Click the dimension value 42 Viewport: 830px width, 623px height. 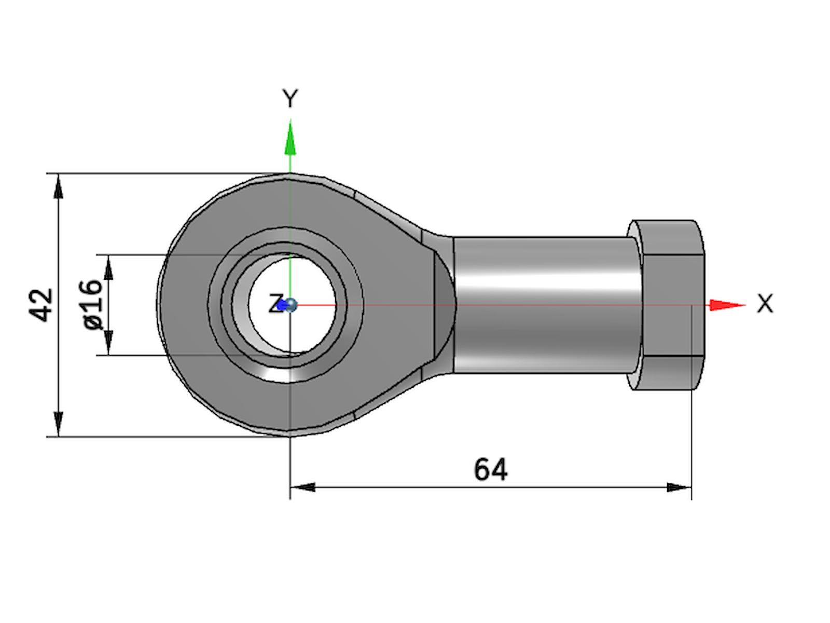coord(41,305)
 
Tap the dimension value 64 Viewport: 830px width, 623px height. coord(490,469)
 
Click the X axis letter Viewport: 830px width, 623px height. coord(765,304)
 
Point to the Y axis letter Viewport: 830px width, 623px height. coord(290,98)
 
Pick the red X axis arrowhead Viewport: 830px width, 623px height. coord(726,305)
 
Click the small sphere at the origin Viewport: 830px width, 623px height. coord(291,305)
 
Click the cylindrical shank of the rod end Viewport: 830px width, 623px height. coord(545,305)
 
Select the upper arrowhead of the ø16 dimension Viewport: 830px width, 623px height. coord(108,268)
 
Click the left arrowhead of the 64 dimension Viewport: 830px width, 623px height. coord(303,487)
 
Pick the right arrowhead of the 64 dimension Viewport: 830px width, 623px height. coord(679,487)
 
